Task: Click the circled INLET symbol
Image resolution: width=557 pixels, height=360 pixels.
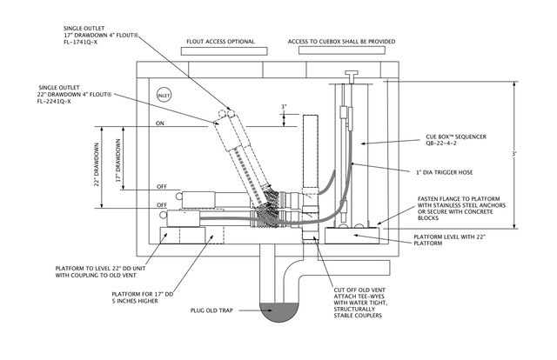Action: pyautogui.click(x=164, y=95)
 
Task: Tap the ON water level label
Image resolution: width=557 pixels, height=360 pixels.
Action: pyautogui.click(x=160, y=123)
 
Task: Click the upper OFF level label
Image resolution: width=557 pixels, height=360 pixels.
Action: pyautogui.click(x=162, y=187)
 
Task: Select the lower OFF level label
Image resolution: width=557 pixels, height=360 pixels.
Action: pyautogui.click(x=162, y=205)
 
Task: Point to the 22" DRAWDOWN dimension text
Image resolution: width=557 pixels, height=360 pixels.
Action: pyautogui.click(x=97, y=164)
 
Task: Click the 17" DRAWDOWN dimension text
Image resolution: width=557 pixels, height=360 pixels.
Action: pyautogui.click(x=118, y=160)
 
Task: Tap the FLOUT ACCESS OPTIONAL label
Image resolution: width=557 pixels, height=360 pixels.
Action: pyautogui.click(x=220, y=42)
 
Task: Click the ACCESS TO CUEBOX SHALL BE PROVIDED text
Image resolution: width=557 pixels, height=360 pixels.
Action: pyautogui.click(x=341, y=42)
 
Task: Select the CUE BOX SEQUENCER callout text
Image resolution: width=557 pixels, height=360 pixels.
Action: pyautogui.click(x=456, y=137)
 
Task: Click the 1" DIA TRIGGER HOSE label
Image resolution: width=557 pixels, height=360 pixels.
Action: pyautogui.click(x=445, y=172)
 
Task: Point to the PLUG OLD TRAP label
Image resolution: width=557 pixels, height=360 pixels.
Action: pyautogui.click(x=211, y=310)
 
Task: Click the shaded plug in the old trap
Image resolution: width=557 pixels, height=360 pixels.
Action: pyautogui.click(x=279, y=312)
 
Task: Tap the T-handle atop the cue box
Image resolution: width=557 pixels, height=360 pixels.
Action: pyautogui.click(x=352, y=74)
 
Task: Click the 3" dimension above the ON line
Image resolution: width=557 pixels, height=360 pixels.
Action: pyautogui.click(x=284, y=106)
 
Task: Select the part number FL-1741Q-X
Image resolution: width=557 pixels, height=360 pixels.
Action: pyautogui.click(x=80, y=43)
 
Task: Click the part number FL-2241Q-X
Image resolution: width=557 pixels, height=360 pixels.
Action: pyautogui.click(x=54, y=102)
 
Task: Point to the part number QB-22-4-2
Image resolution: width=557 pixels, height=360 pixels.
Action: pyautogui.click(x=441, y=143)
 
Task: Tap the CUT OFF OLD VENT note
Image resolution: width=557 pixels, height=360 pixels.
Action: pyautogui.click(x=360, y=303)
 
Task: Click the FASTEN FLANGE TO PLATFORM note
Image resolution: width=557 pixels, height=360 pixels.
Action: pyautogui.click(x=461, y=209)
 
